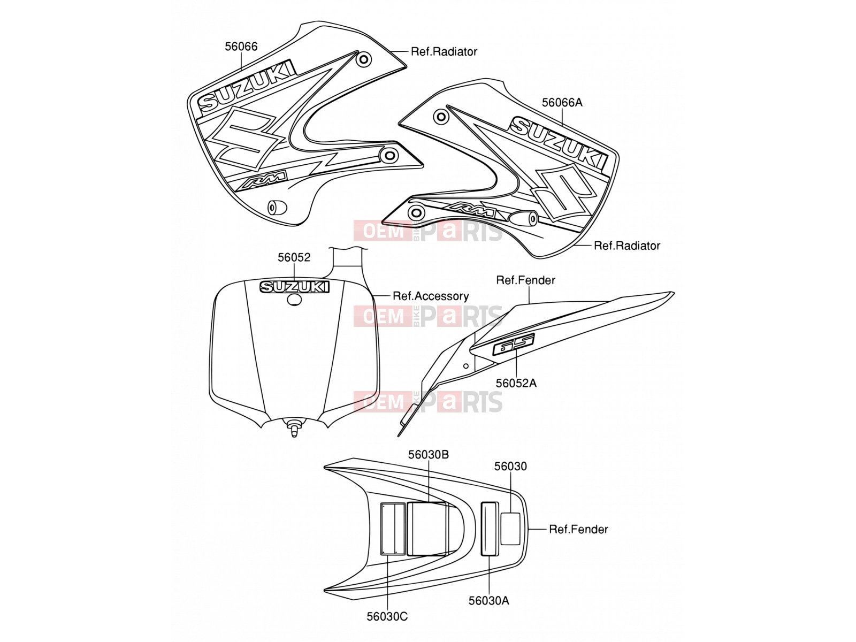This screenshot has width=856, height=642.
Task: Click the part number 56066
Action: [x=241, y=47]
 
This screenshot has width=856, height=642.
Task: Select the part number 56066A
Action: [x=562, y=103]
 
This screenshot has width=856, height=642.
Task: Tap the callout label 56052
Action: [x=294, y=257]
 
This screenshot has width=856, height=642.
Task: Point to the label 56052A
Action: [x=516, y=383]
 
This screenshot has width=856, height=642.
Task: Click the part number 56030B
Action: [x=429, y=455]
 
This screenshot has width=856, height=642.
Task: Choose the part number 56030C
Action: [x=387, y=616]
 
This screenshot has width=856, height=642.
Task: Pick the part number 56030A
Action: [x=488, y=601]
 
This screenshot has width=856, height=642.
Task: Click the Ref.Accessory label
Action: [x=431, y=296]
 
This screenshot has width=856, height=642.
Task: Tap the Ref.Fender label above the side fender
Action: [x=525, y=280]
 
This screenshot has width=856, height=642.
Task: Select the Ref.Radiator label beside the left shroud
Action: [x=444, y=51]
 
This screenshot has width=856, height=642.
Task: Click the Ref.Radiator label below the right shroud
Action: [x=626, y=246]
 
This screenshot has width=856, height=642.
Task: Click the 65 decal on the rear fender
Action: [x=513, y=344]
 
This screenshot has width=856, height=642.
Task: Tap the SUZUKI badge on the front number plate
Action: [x=294, y=287]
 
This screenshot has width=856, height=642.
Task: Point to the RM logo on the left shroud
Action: [x=263, y=180]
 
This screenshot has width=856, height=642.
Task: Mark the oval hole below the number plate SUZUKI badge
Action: [x=294, y=300]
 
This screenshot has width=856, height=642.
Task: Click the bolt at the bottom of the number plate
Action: [x=294, y=427]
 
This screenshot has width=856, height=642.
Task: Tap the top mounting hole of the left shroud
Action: [x=364, y=60]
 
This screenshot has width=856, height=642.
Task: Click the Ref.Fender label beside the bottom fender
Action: [x=578, y=529]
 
